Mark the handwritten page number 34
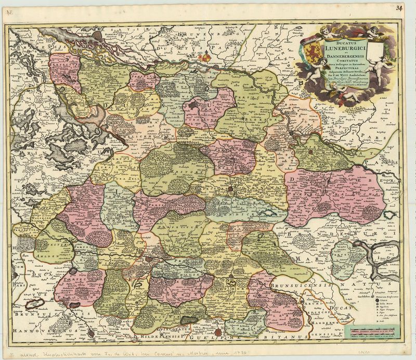tap(399, 7)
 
